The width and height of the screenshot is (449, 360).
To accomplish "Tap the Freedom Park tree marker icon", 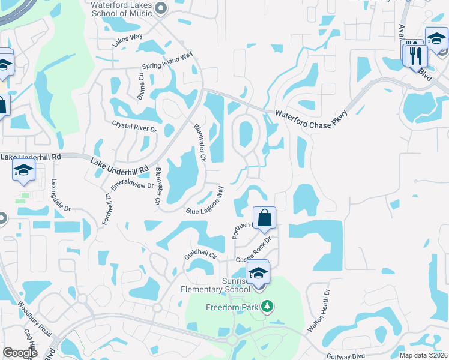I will tap(268, 307).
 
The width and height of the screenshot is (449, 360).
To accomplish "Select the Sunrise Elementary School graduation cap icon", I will tap(258, 273).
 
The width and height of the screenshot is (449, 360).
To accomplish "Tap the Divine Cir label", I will tap(142, 86).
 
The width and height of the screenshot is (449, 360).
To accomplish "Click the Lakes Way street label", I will tap(128, 41).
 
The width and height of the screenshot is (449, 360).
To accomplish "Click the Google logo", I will tap(20, 353).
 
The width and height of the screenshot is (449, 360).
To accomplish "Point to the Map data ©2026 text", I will tap(423, 355).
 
